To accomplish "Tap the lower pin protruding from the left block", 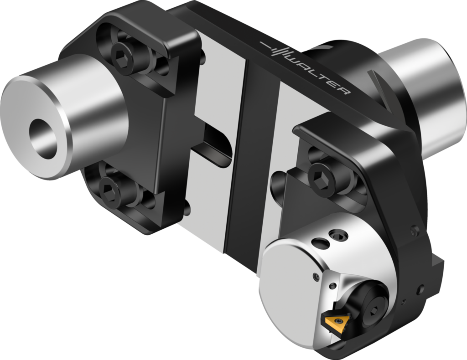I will point(186,209).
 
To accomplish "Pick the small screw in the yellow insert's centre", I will point(338,321).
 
